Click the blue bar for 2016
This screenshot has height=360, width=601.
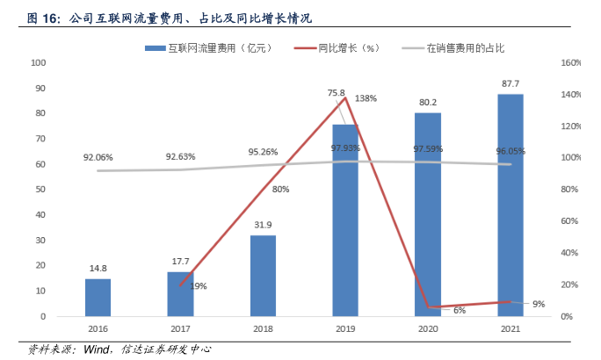tap(98, 297)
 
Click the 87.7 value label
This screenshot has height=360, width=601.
tap(510, 84)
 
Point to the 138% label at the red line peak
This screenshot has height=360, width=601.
tap(366, 98)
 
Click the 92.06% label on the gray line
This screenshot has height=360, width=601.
tap(98, 157)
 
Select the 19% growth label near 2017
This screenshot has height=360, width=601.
tap(199, 285)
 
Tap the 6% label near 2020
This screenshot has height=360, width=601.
tap(459, 311)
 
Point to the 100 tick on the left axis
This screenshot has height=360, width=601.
tap(38, 63)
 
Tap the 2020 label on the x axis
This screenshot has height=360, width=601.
tap(428, 329)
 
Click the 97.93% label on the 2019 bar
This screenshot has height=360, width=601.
tap(345, 148)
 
